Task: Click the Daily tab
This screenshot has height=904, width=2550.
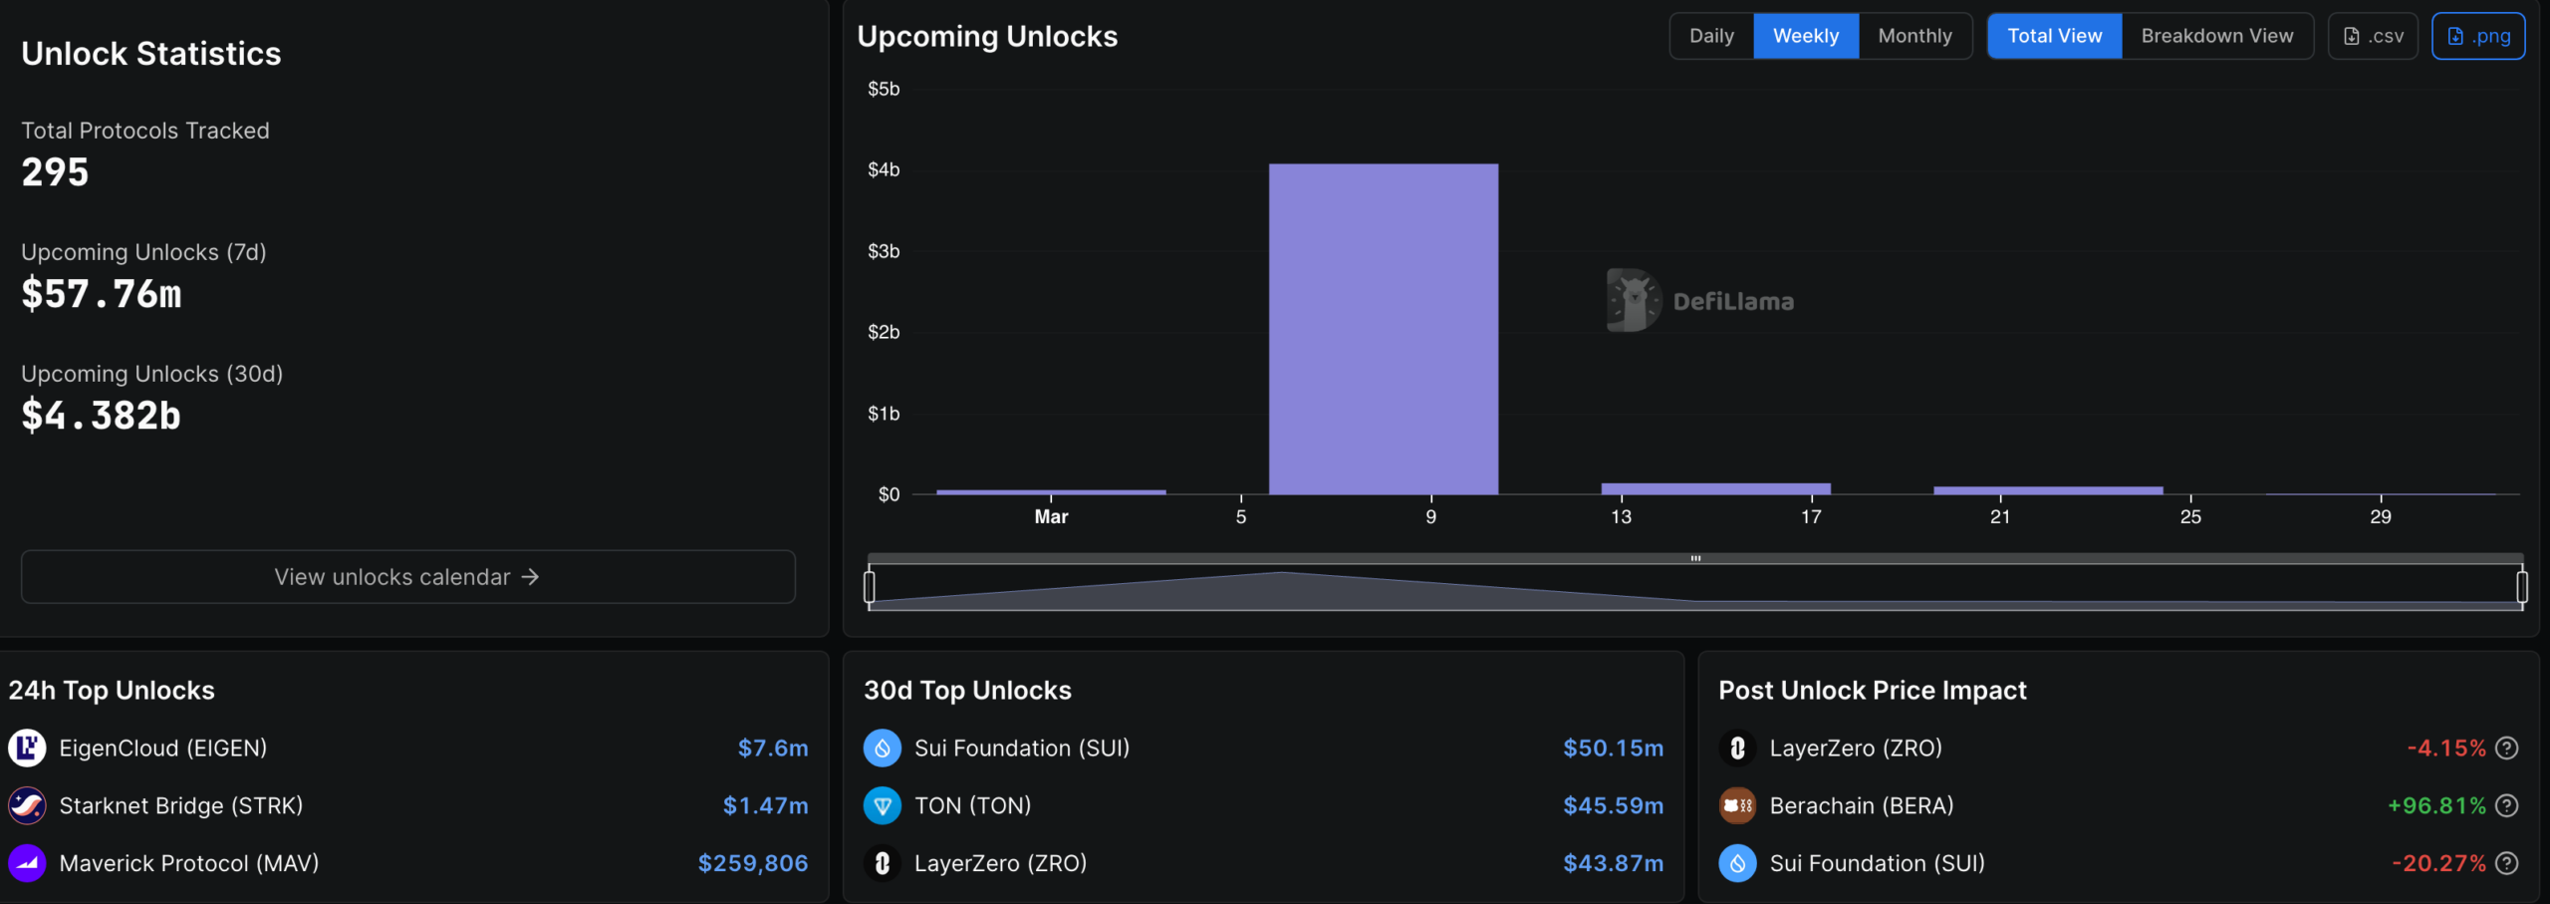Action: pos(1711,36)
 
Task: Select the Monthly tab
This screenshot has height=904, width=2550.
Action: pos(1914,36)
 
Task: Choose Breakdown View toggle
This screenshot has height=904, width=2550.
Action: pos(2217,36)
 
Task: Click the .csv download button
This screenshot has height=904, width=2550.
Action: pos(2373,36)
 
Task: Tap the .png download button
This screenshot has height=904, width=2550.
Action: pos(2478,36)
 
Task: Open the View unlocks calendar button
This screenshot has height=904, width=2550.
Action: pos(408,577)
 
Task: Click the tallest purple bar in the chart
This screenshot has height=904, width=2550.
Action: pos(1384,329)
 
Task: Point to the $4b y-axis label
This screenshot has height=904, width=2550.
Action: pos(884,170)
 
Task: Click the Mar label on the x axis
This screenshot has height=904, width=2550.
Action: pos(1051,516)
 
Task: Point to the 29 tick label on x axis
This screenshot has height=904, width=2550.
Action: pos(2381,516)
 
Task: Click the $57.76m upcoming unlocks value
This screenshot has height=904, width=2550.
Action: pos(102,294)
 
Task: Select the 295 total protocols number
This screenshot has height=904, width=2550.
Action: pos(56,172)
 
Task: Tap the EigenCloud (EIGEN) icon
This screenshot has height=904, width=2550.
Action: pos(27,748)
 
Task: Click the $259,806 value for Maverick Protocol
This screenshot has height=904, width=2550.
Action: pos(753,863)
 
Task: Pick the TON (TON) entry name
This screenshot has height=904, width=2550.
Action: pos(973,805)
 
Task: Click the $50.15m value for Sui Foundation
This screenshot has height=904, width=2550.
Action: pos(1614,748)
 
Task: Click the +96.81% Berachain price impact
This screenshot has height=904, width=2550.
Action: pos(2436,805)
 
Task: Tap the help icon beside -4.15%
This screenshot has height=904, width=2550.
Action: pos(2507,748)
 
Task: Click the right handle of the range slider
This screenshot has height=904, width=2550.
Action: pos(2522,587)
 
